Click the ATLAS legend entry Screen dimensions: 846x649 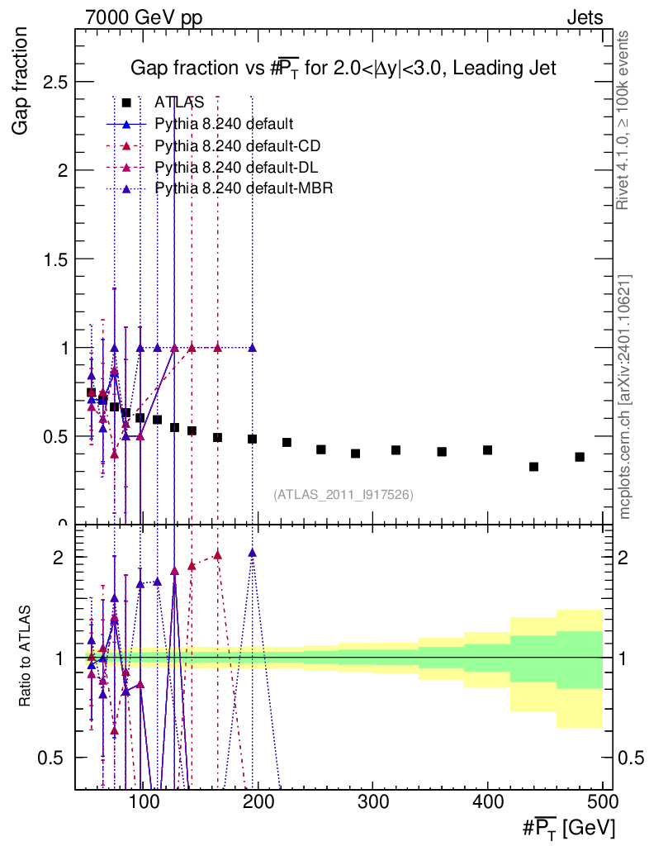coord(179,102)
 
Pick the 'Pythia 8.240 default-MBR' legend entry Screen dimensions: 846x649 coord(243,188)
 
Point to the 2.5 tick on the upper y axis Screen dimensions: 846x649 coord(54,82)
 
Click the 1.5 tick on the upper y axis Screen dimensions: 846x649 coord(54,259)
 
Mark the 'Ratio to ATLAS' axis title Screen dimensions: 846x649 coord(26,658)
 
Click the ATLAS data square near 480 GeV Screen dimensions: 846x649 coord(580,457)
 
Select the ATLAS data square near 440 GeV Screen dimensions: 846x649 coord(533,467)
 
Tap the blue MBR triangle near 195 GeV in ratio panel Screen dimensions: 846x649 coord(252,553)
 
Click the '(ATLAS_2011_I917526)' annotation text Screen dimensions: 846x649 coord(343,495)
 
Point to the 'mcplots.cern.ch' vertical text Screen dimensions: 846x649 coord(625,397)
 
